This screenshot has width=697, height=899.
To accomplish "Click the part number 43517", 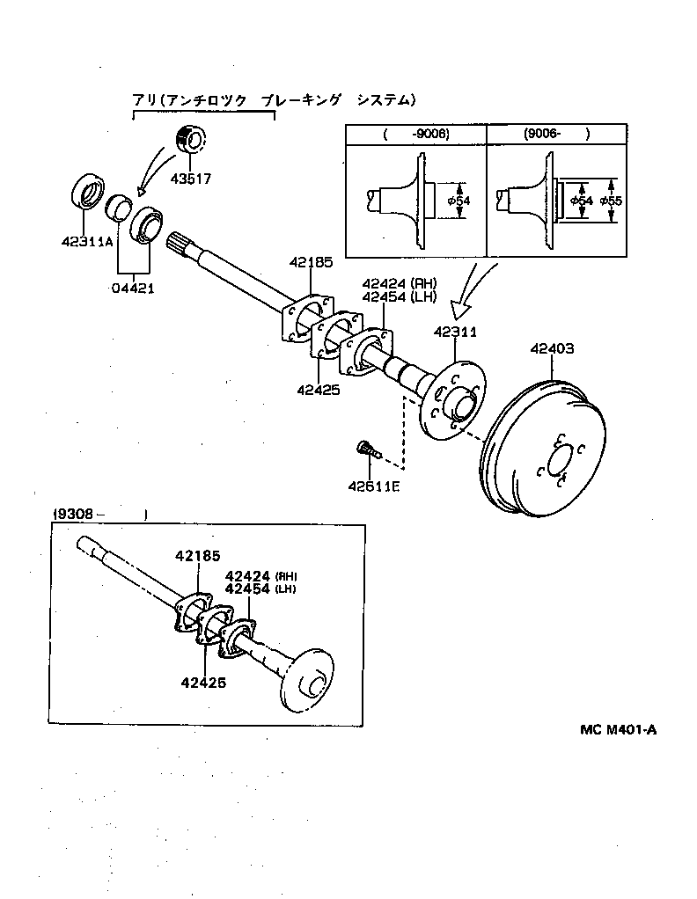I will point(193,178).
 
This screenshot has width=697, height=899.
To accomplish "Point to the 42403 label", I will point(552,348).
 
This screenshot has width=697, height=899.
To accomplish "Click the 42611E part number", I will point(373,486).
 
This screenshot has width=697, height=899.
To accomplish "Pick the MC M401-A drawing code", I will point(618,728).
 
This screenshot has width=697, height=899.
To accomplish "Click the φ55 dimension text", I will point(610,201).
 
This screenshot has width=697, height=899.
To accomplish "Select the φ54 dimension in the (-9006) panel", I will point(459,201).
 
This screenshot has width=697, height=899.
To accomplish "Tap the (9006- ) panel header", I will point(555,134).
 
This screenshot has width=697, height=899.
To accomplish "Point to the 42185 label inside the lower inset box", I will point(197,555).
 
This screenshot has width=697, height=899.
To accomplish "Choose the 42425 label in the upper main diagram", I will point(318,390).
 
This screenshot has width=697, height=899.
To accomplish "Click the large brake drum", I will point(541,449).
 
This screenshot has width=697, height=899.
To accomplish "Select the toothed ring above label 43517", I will point(188,139).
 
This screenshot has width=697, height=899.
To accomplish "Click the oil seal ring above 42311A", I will point(86,193).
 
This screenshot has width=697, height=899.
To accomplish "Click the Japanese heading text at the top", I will point(273,100).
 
